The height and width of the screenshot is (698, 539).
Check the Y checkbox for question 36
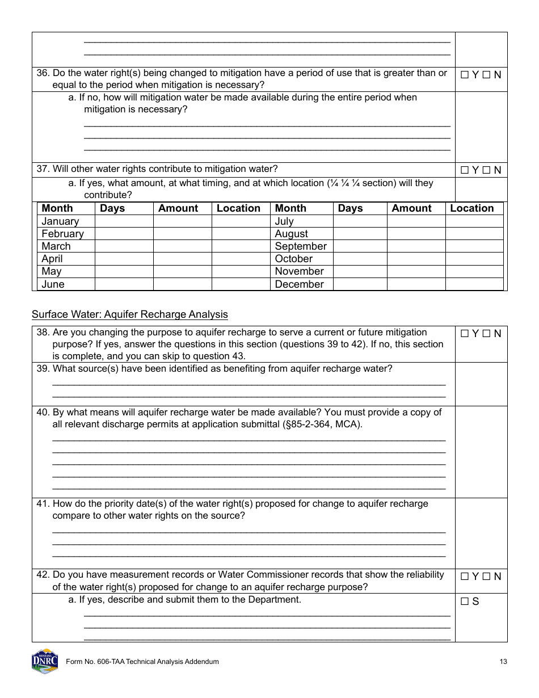pyautogui.click(x=465, y=74)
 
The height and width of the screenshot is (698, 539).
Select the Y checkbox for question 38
pyautogui.click(x=465, y=334)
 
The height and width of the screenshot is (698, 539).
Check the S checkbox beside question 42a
pyautogui.click(x=465, y=602)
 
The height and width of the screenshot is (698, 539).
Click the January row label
pyautogui.click(x=60, y=221)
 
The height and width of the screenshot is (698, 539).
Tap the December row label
pyautogui.click(x=299, y=284)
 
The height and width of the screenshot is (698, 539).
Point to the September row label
pyautogui.click(x=301, y=246)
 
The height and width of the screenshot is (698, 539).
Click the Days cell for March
pyautogui.click(x=124, y=246)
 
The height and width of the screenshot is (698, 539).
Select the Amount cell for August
pyautogui.click(x=416, y=234)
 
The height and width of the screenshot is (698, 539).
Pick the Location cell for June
pyautogui.click(x=241, y=284)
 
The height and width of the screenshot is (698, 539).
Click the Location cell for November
pyautogui.click(x=474, y=271)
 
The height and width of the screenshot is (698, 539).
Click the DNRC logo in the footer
pyautogui.click(x=45, y=661)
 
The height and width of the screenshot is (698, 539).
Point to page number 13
pyautogui.click(x=503, y=662)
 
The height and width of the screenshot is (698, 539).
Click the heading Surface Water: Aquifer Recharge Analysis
pyautogui.click(x=129, y=314)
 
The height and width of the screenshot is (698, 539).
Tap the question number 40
pyautogui.click(x=43, y=413)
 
